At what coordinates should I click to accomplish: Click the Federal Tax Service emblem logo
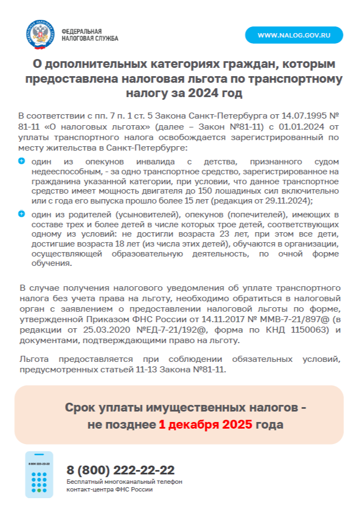click(x=41, y=35)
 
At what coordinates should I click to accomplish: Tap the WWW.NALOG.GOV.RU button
click(x=294, y=35)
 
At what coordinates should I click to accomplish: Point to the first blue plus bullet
click(x=22, y=161)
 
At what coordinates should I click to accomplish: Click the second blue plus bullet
click(x=22, y=213)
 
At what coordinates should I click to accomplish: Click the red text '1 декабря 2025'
click(x=205, y=425)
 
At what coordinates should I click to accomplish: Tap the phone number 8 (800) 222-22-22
click(x=120, y=470)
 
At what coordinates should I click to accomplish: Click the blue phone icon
click(x=39, y=474)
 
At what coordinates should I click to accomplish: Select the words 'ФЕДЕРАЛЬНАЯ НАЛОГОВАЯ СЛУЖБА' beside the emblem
click(x=90, y=35)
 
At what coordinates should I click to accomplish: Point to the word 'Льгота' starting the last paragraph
click(x=33, y=359)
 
